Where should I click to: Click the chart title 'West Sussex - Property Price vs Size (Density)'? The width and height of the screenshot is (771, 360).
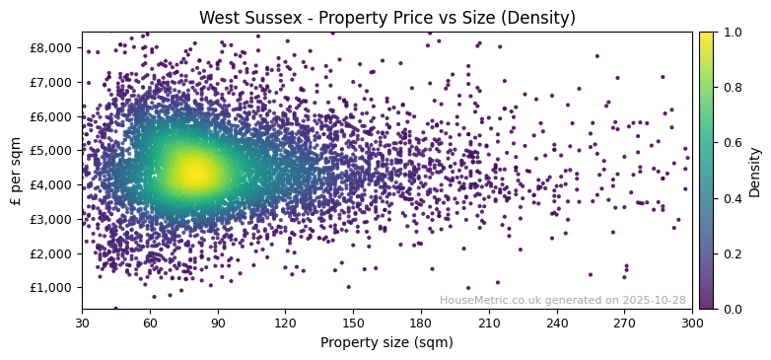point(386,18)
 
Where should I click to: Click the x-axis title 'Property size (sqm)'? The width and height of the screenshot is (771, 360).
point(386,343)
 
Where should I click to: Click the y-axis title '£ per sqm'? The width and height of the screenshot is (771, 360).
point(16,171)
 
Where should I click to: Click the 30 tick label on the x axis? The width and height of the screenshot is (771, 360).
point(82,323)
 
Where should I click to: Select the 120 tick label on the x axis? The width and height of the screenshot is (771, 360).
point(286,323)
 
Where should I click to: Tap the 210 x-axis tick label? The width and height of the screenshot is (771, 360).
point(489,323)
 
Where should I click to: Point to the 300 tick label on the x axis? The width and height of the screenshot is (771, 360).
point(692,323)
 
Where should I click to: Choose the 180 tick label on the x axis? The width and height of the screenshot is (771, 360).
point(421,323)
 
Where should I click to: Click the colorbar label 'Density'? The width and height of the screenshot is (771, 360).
point(755,171)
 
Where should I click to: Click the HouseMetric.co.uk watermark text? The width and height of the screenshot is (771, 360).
point(562,300)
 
